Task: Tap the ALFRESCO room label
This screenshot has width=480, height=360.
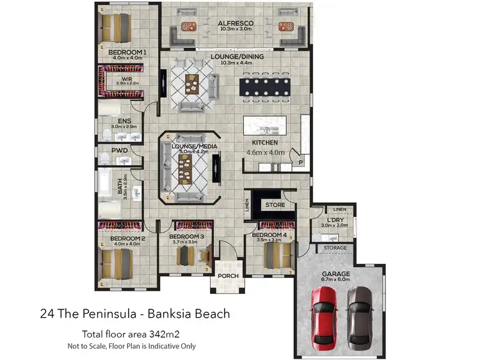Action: tap(235, 23)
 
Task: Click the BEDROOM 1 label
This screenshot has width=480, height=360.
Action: tap(127, 52)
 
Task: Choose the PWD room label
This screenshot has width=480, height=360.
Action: tap(120, 151)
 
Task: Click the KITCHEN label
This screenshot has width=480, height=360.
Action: tap(265, 142)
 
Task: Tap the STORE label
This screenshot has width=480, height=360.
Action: tap(275, 205)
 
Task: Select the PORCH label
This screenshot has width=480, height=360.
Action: tap(228, 276)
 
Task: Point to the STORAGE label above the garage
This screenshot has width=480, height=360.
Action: tap(335, 248)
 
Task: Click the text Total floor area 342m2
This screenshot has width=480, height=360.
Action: tap(130, 333)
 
